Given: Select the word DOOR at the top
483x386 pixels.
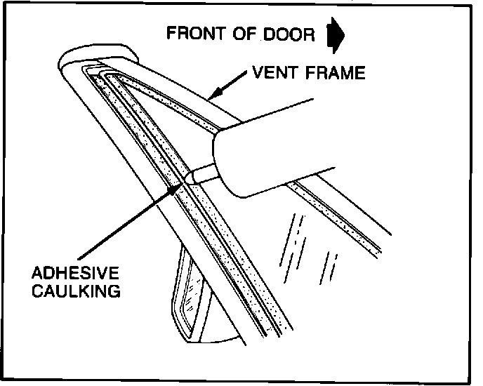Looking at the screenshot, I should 291,33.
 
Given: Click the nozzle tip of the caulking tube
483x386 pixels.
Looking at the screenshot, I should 191,176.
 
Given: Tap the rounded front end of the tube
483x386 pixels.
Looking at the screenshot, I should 223,158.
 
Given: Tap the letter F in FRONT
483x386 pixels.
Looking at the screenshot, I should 171,33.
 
